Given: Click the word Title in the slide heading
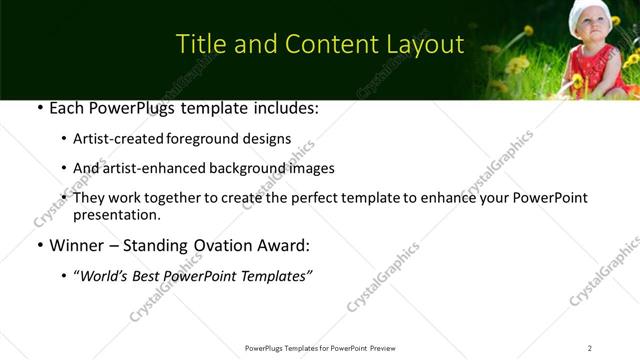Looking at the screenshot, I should point(198,45).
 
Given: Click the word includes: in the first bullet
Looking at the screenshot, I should point(283,107).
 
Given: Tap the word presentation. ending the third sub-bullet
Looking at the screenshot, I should point(116,214).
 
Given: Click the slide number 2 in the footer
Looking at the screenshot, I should point(590,348).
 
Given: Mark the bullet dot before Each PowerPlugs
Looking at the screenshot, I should point(38,107).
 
